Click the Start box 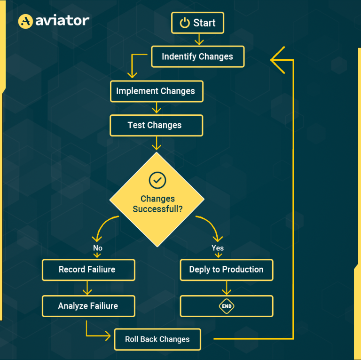tap(197, 23)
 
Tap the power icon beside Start tap(185, 23)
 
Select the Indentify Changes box tap(197, 56)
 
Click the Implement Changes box tap(156, 91)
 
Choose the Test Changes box tap(156, 125)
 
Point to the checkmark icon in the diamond tap(157, 180)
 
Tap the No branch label tap(98, 248)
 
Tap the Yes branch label tap(218, 248)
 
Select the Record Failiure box tap(88, 270)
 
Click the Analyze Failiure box tap(88, 306)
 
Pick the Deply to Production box tap(227, 270)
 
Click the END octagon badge tap(227, 306)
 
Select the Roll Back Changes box tap(157, 339)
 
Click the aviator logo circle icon tap(25, 21)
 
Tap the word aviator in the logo tap(62, 21)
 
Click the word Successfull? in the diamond tap(157, 208)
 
